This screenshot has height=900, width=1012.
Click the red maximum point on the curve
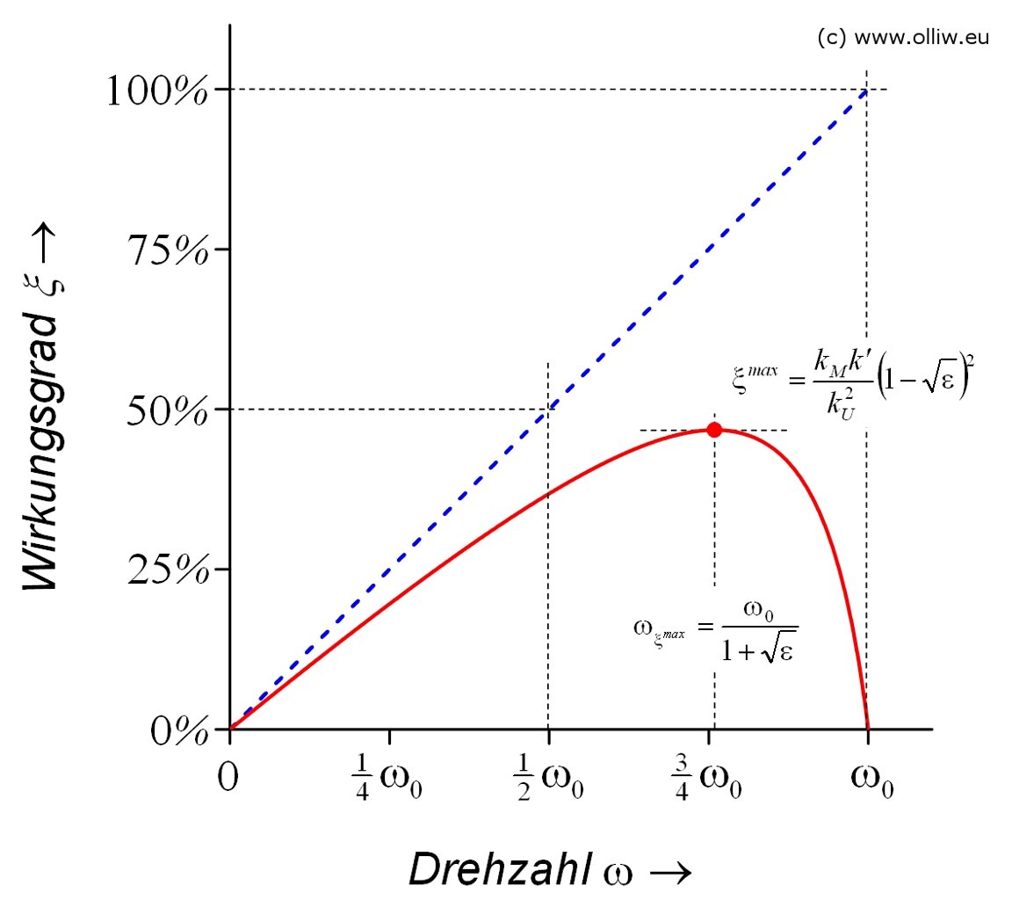[714, 430]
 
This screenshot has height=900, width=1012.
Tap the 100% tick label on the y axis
[158, 91]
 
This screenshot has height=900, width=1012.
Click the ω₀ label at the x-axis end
[872, 779]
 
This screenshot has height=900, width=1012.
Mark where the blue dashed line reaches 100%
[867, 90]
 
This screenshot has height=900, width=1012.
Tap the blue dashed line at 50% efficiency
[548, 410]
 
